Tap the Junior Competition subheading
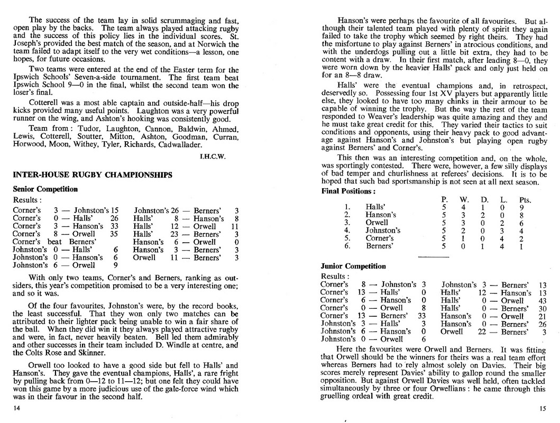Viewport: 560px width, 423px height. click(353, 266)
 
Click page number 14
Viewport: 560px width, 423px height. click(16, 408)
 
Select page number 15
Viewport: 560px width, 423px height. click(543, 408)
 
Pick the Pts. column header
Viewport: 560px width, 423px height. click(525, 200)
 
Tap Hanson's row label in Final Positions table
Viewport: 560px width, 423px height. click(380, 215)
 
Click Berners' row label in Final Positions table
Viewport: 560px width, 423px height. click(379, 246)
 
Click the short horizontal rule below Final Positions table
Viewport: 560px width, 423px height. click(433, 256)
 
